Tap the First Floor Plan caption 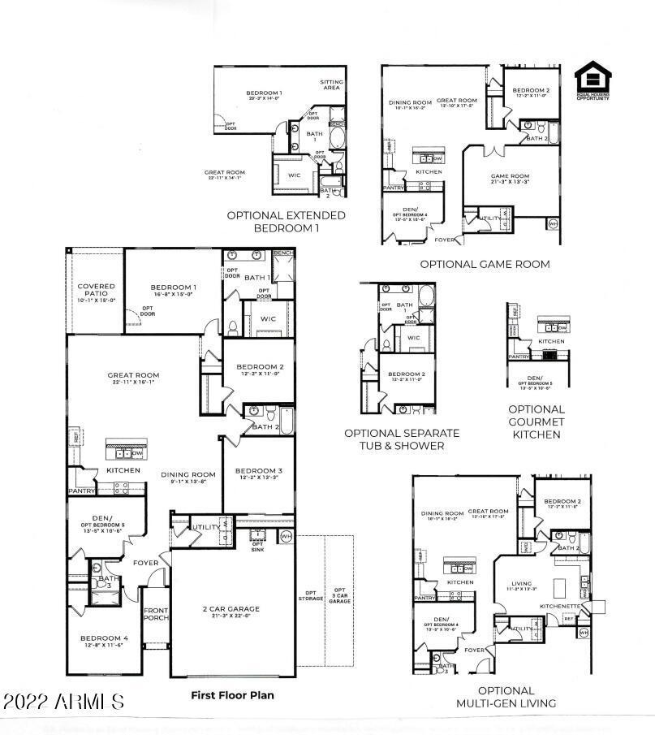point(232,695)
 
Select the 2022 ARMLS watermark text point(63,701)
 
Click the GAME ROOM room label point(510,177)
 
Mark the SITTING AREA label point(330,84)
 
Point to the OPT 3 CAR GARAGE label point(340,595)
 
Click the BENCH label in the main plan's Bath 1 point(282,253)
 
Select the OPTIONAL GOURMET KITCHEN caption point(536,422)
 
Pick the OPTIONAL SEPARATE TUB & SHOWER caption point(402,439)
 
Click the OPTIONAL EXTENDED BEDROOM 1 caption point(286,222)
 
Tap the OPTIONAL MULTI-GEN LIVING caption point(506,697)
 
